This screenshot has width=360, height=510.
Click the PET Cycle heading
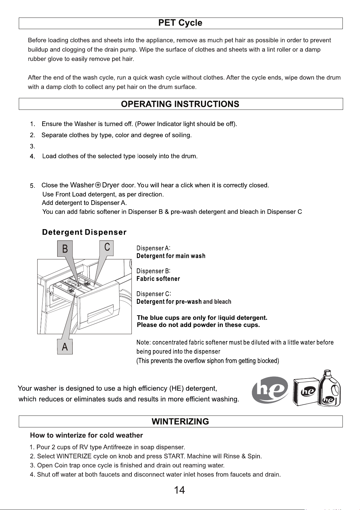pyautogui.click(x=180, y=23)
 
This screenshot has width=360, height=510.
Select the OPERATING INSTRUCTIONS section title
pyautogui.click(x=180, y=104)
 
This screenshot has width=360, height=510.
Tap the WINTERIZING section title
pyautogui.click(x=180, y=421)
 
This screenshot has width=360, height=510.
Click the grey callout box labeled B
pyautogui.click(x=65, y=248)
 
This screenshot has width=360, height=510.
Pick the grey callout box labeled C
pyautogui.click(x=107, y=248)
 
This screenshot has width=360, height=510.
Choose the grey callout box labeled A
pyautogui.click(x=65, y=347)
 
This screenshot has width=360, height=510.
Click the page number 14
pyautogui.click(x=180, y=490)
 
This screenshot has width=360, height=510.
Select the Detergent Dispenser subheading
pyautogui.click(x=84, y=232)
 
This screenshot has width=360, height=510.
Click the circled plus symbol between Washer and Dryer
pyautogui.click(x=98, y=185)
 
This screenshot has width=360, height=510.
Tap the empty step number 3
pyautogui.click(x=33, y=146)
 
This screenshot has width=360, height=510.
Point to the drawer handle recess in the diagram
pyautogui.click(x=100, y=313)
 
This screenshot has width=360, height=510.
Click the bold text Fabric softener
pyautogui.click(x=158, y=279)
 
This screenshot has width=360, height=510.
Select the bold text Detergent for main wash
pyautogui.click(x=171, y=256)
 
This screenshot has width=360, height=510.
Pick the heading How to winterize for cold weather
pyautogui.click(x=86, y=435)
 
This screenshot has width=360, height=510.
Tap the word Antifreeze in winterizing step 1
pyautogui.click(x=117, y=447)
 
